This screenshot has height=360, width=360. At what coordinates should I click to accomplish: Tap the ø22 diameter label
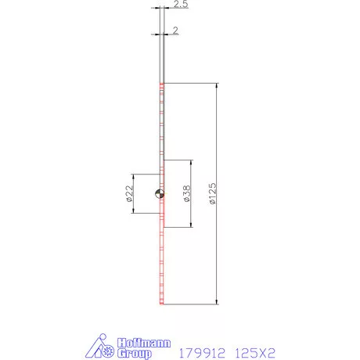click(130, 193)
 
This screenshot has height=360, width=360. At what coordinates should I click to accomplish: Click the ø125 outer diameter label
click(213, 193)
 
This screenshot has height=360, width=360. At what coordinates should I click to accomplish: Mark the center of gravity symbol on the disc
click(160, 193)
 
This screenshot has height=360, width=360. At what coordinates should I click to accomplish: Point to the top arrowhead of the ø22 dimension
click(135, 176)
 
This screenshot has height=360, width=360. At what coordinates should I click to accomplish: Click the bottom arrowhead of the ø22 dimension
click(135, 211)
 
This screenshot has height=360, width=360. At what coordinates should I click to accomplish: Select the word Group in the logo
click(134, 353)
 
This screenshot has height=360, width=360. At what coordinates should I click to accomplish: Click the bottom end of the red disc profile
click(160, 302)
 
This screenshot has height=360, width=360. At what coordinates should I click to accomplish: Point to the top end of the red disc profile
click(160, 83)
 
